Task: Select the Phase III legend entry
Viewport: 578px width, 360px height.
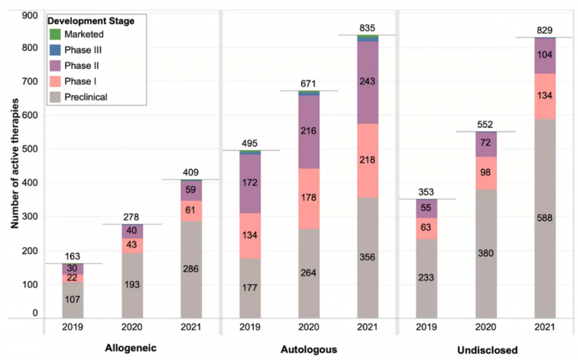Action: tap(81, 50)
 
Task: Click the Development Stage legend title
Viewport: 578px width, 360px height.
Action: tap(90, 21)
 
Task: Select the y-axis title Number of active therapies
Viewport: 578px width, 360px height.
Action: tap(15, 164)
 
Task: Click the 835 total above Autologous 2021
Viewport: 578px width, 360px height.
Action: tap(367, 28)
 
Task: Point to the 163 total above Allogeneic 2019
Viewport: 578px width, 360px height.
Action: tap(72, 256)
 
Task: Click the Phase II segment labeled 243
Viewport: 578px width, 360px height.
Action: tap(367, 82)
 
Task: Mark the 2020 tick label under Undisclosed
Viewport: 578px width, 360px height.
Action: tap(485, 327)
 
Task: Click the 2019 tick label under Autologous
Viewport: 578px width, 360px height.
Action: tap(249, 327)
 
